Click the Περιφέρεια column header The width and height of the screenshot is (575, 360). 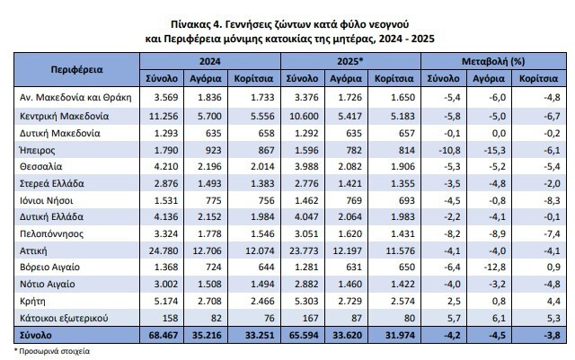pyautogui.click(x=76, y=70)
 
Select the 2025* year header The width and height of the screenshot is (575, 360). pyautogui.click(x=349, y=61)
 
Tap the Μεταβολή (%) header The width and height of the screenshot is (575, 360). pyautogui.click(x=493, y=61)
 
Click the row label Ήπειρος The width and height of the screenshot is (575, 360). pyautogui.click(x=38, y=150)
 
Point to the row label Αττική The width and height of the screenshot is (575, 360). pyautogui.click(x=33, y=250)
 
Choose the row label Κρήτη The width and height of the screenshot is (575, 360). pyautogui.click(x=32, y=302)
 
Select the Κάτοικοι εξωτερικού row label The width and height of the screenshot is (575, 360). pyautogui.click(x=64, y=318)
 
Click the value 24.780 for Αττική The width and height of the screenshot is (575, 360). pyautogui.click(x=164, y=250)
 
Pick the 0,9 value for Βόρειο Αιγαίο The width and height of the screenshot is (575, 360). pyautogui.click(x=553, y=268)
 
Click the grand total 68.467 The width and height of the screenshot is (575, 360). pyautogui.click(x=164, y=335)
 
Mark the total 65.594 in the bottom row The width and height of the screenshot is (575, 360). pyautogui.click(x=304, y=335)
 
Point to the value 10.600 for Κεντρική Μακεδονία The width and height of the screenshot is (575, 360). pyautogui.click(x=304, y=116)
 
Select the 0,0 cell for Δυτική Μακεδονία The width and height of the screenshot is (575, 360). pyautogui.click(x=500, y=133)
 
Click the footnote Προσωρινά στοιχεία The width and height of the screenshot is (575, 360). pyautogui.click(x=54, y=351)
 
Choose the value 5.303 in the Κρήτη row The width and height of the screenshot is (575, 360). pyautogui.click(x=306, y=302)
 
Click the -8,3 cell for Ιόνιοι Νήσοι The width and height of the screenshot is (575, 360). pyautogui.click(x=552, y=200)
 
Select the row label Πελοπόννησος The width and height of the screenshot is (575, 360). pyautogui.click(x=52, y=234)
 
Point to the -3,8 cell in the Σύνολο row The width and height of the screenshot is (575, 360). pyautogui.click(x=552, y=335)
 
